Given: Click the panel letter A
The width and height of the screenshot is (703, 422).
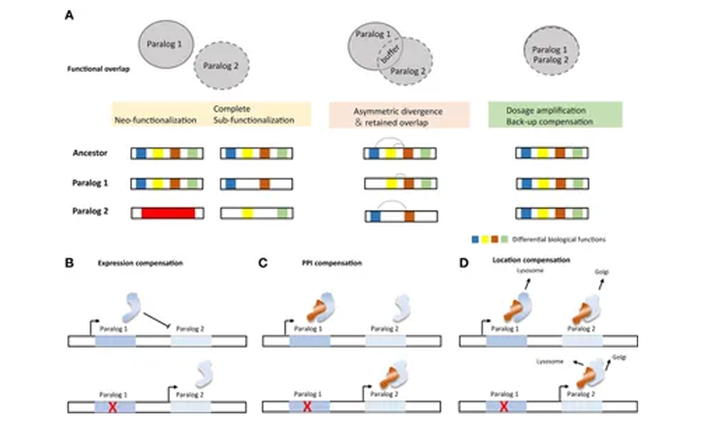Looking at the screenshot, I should tap(70, 15).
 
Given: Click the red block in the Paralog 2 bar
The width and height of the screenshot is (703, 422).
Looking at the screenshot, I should tap(168, 213).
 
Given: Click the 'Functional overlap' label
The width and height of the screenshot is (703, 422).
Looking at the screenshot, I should tap(92, 70).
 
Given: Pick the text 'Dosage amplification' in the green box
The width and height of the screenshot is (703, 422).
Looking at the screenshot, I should tap(546, 110).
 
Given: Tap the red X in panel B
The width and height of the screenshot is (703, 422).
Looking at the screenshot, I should tap(112, 407).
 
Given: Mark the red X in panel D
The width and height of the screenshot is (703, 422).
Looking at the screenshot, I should tap(503, 407).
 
